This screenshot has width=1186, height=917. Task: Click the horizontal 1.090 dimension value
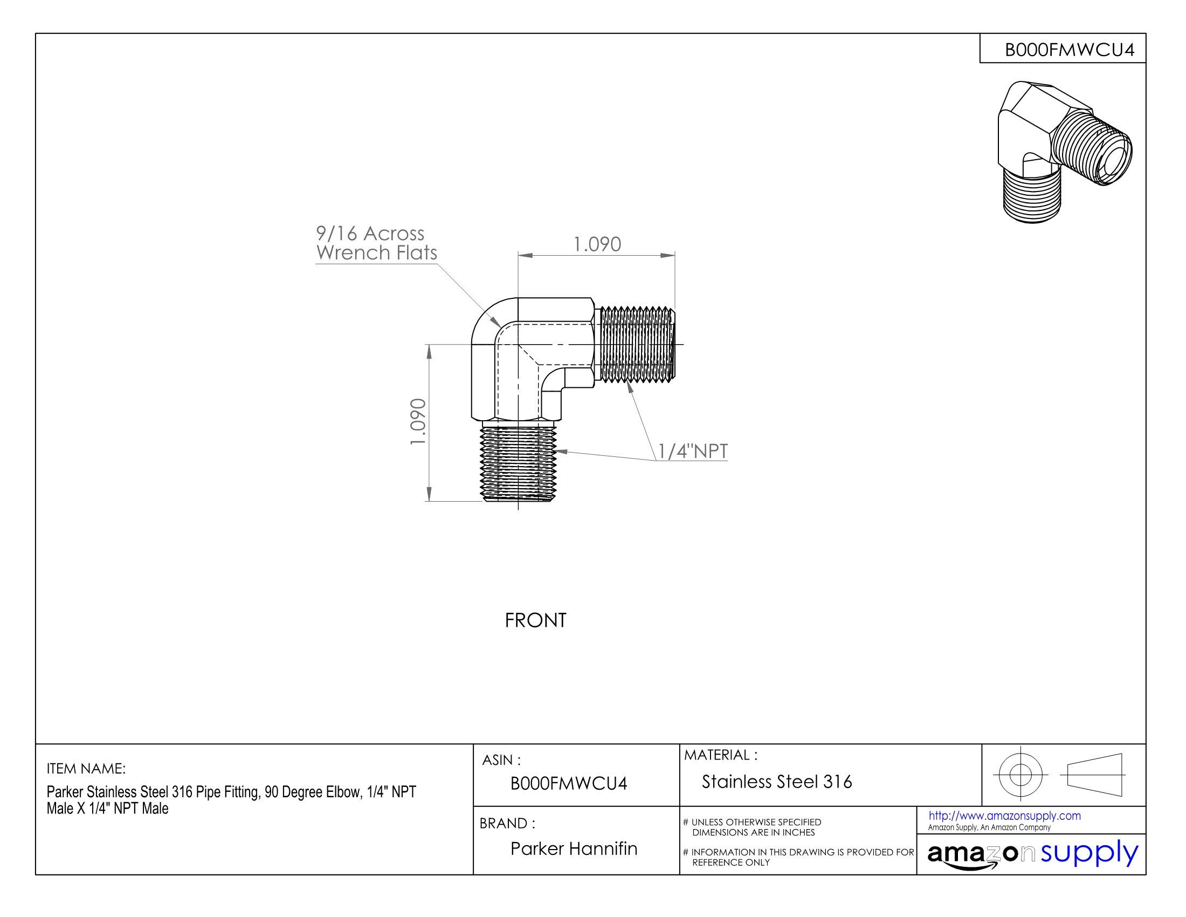pos(597,244)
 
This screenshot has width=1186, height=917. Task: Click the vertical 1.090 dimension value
pos(418,422)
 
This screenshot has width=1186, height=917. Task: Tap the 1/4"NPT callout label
pos(693,451)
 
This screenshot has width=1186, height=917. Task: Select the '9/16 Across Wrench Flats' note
pos(376,243)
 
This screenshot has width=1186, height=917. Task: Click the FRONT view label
pos(535,620)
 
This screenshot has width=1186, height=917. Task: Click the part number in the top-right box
pos(1069,50)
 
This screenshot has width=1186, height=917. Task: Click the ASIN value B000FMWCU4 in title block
pos(569,783)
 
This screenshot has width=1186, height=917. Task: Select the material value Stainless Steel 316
pos(776,782)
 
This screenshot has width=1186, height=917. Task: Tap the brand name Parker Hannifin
pos(574,848)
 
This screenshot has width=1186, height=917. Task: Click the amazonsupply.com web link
pos(1004,816)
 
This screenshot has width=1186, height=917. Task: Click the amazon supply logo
pos(1032,854)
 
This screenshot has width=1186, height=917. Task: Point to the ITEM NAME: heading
pos(86,769)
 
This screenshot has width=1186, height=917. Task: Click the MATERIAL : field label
pos(721,755)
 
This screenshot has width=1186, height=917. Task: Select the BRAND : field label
pos(507,824)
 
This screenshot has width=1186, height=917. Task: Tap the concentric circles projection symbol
pos(1020,775)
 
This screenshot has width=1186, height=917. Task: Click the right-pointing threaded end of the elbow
pos(636,344)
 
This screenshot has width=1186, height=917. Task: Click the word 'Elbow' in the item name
pos(342,792)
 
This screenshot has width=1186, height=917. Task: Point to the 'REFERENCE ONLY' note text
pos(730,863)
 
